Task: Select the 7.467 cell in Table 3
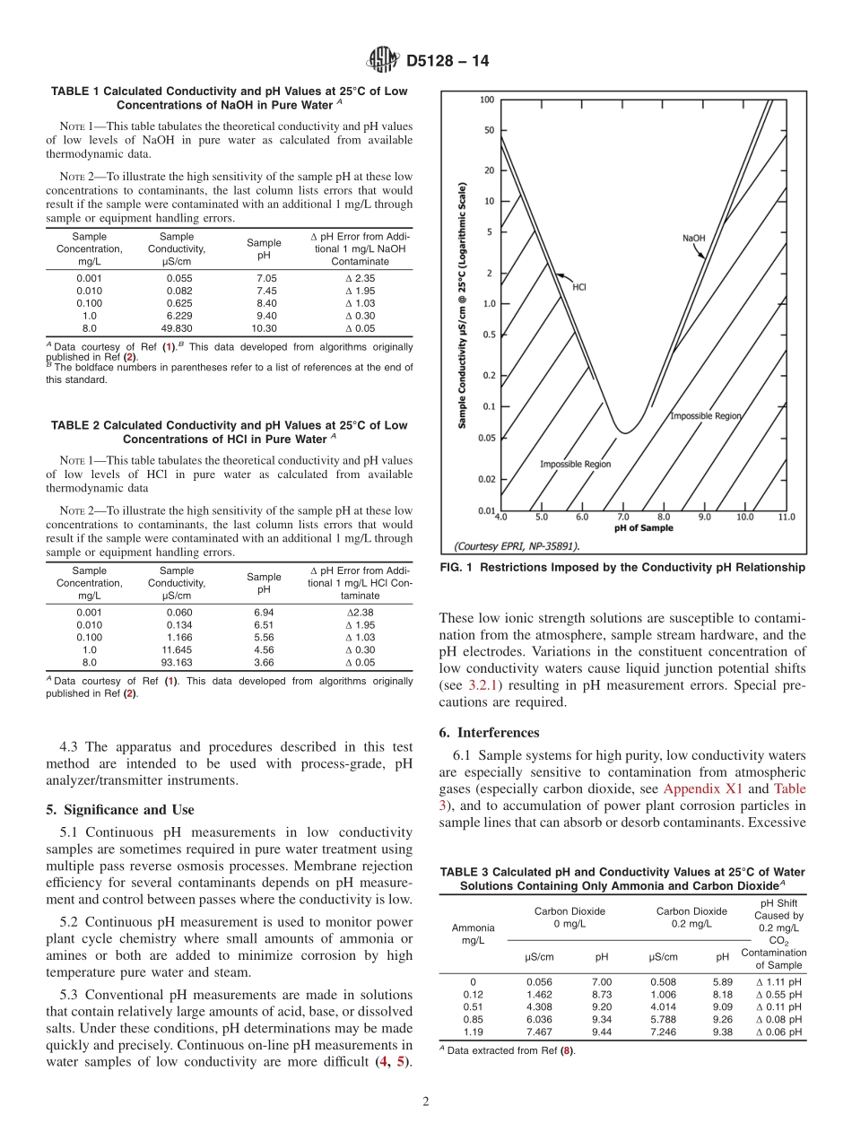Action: [539, 1032]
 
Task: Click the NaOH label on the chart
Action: [693, 239]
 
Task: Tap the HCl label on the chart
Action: [579, 287]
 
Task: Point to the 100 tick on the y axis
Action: [486, 100]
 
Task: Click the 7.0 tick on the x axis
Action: [622, 518]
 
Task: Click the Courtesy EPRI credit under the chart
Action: [517, 545]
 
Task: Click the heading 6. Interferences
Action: [498, 732]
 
